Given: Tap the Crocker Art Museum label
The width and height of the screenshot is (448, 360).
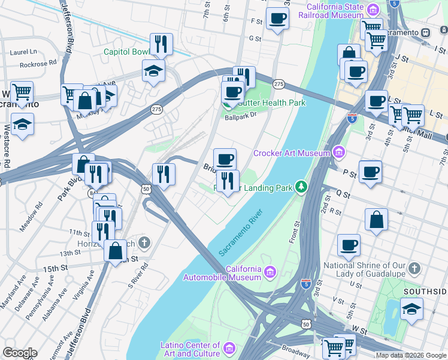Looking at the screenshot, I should click(x=292, y=153).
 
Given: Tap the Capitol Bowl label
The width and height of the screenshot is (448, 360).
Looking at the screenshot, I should click(x=126, y=52).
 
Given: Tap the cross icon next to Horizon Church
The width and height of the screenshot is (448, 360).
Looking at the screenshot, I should click(x=143, y=244).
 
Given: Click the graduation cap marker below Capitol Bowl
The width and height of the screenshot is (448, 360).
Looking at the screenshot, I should click(x=153, y=71).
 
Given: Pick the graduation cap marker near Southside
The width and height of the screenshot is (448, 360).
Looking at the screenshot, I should click(x=411, y=310).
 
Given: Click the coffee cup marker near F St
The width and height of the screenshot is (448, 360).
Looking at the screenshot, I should click(x=277, y=19).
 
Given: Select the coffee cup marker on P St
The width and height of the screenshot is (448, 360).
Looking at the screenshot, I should click(x=370, y=172).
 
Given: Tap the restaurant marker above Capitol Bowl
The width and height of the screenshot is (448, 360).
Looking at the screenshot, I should click(x=161, y=44).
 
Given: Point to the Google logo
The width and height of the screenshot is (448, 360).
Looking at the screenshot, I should click(x=19, y=353).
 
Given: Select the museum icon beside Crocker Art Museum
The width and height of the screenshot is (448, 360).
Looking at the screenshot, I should click(x=340, y=152).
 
